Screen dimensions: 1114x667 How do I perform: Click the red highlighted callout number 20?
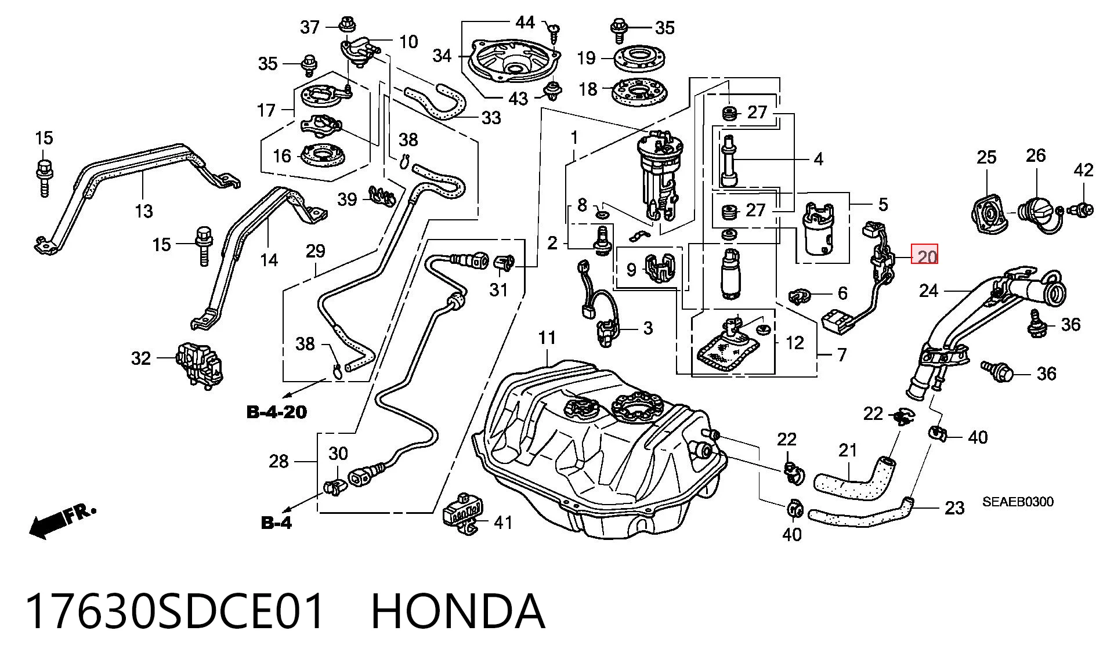coord(924,255)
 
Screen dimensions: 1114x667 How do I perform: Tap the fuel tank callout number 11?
coord(547,338)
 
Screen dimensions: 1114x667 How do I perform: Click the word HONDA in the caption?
coord(458,611)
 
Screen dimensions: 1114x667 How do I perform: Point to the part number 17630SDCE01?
coord(175,611)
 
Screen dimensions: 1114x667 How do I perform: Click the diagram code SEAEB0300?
coord(1018,502)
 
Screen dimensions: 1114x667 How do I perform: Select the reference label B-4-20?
coord(277,412)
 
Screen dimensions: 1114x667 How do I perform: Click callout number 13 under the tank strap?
coord(143,211)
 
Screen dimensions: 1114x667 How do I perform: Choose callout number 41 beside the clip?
coord(503,523)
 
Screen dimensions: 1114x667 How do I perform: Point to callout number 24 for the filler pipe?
coord(928,290)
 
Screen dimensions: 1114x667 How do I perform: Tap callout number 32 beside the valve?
coord(141,358)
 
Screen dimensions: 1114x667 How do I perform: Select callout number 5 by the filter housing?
coord(883,204)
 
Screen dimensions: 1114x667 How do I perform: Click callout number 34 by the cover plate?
coord(443,56)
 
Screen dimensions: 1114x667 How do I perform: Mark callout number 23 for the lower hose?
coord(954,508)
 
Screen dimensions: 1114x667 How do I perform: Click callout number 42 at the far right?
coord(1083,170)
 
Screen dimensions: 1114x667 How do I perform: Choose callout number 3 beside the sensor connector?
coord(648,328)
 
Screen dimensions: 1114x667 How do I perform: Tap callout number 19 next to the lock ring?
coord(587,58)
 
